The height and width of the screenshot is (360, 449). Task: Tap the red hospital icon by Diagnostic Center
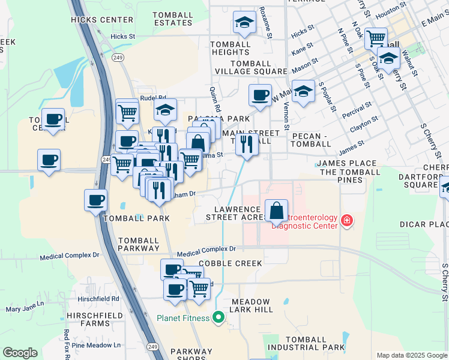[x=346, y=221]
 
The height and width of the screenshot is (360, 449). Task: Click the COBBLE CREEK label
[x=230, y=263]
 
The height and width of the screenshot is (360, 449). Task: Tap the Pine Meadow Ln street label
[x=96, y=345]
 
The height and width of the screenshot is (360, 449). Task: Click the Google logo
[x=20, y=353]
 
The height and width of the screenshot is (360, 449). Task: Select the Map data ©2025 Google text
[x=412, y=355]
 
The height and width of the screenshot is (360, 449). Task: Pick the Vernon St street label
[x=286, y=115]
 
